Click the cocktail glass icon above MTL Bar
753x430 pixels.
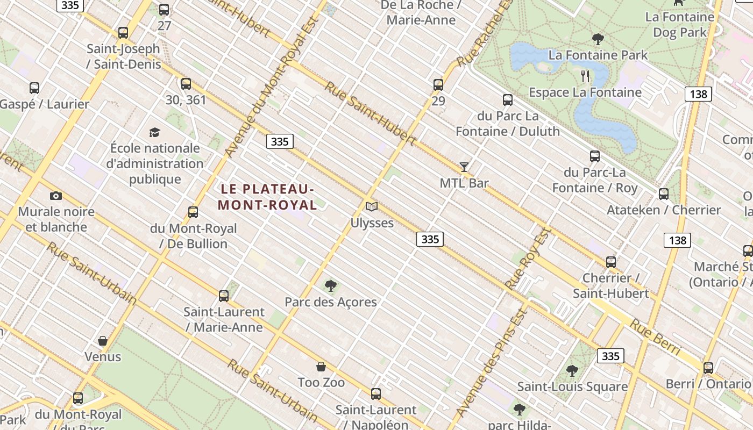click(x=464, y=167)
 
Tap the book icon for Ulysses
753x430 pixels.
click(x=372, y=206)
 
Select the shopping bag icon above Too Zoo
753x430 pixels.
click(x=321, y=367)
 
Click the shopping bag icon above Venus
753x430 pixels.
click(x=103, y=341)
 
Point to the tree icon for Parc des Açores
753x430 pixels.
click(x=331, y=286)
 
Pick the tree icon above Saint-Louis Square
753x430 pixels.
click(x=572, y=371)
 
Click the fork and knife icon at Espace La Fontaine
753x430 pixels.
click(x=586, y=76)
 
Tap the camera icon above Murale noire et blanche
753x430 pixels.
click(x=56, y=196)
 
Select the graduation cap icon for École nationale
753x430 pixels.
click(x=155, y=132)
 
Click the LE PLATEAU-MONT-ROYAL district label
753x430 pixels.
click(x=267, y=197)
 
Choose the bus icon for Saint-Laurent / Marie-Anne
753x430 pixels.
click(x=224, y=296)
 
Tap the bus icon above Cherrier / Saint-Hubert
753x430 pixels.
click(x=611, y=262)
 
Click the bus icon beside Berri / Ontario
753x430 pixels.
click(x=708, y=368)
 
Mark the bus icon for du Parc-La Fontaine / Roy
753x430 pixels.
click(x=595, y=156)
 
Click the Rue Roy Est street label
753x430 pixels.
click(x=528, y=259)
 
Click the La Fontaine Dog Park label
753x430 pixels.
click(x=680, y=25)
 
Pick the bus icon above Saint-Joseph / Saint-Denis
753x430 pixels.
click(x=123, y=33)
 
